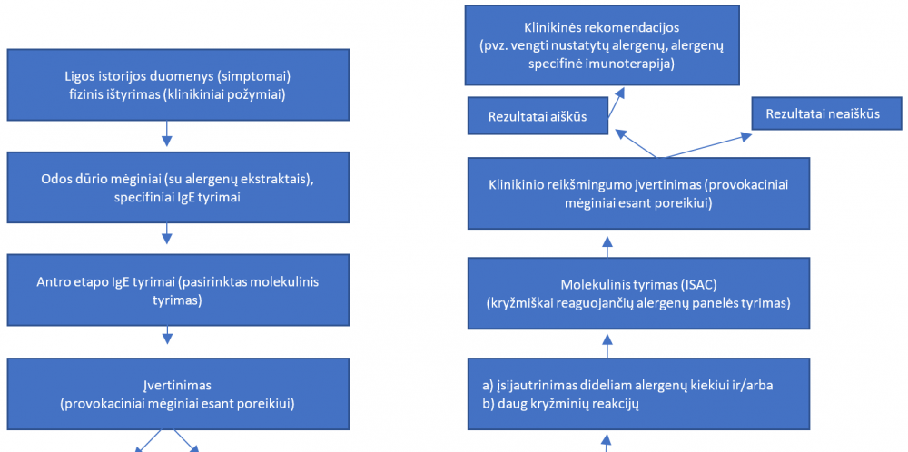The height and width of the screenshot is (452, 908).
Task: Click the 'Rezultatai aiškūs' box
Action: pyautogui.click(x=537, y=117)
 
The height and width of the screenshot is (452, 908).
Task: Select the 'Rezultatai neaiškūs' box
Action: pyautogui.click(x=823, y=113)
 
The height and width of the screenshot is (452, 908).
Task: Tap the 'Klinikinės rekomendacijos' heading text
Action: pyautogui.click(x=602, y=27)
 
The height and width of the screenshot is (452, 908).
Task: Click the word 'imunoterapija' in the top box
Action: pyautogui.click(x=635, y=64)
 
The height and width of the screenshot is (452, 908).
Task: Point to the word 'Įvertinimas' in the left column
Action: pyautogui.click(x=177, y=386)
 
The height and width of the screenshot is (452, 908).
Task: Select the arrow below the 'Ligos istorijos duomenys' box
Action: pyautogui.click(x=167, y=133)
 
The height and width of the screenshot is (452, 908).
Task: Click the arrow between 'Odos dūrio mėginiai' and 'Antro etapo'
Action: pyautogui.click(x=167, y=234)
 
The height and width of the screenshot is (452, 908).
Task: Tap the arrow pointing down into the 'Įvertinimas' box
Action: pyautogui.click(x=167, y=337)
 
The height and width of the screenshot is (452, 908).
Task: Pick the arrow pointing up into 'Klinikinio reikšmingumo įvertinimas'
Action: pyautogui.click(x=607, y=247)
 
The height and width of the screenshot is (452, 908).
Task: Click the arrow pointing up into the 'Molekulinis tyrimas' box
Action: pyautogui.click(x=607, y=346)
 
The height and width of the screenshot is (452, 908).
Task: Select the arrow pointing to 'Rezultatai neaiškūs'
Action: pyautogui.click(x=706, y=145)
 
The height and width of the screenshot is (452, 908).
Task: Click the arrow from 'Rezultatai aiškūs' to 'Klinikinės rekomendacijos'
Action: pyautogui.click(x=617, y=103)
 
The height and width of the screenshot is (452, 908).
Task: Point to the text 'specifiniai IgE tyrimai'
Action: pyautogui.click(x=178, y=197)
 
